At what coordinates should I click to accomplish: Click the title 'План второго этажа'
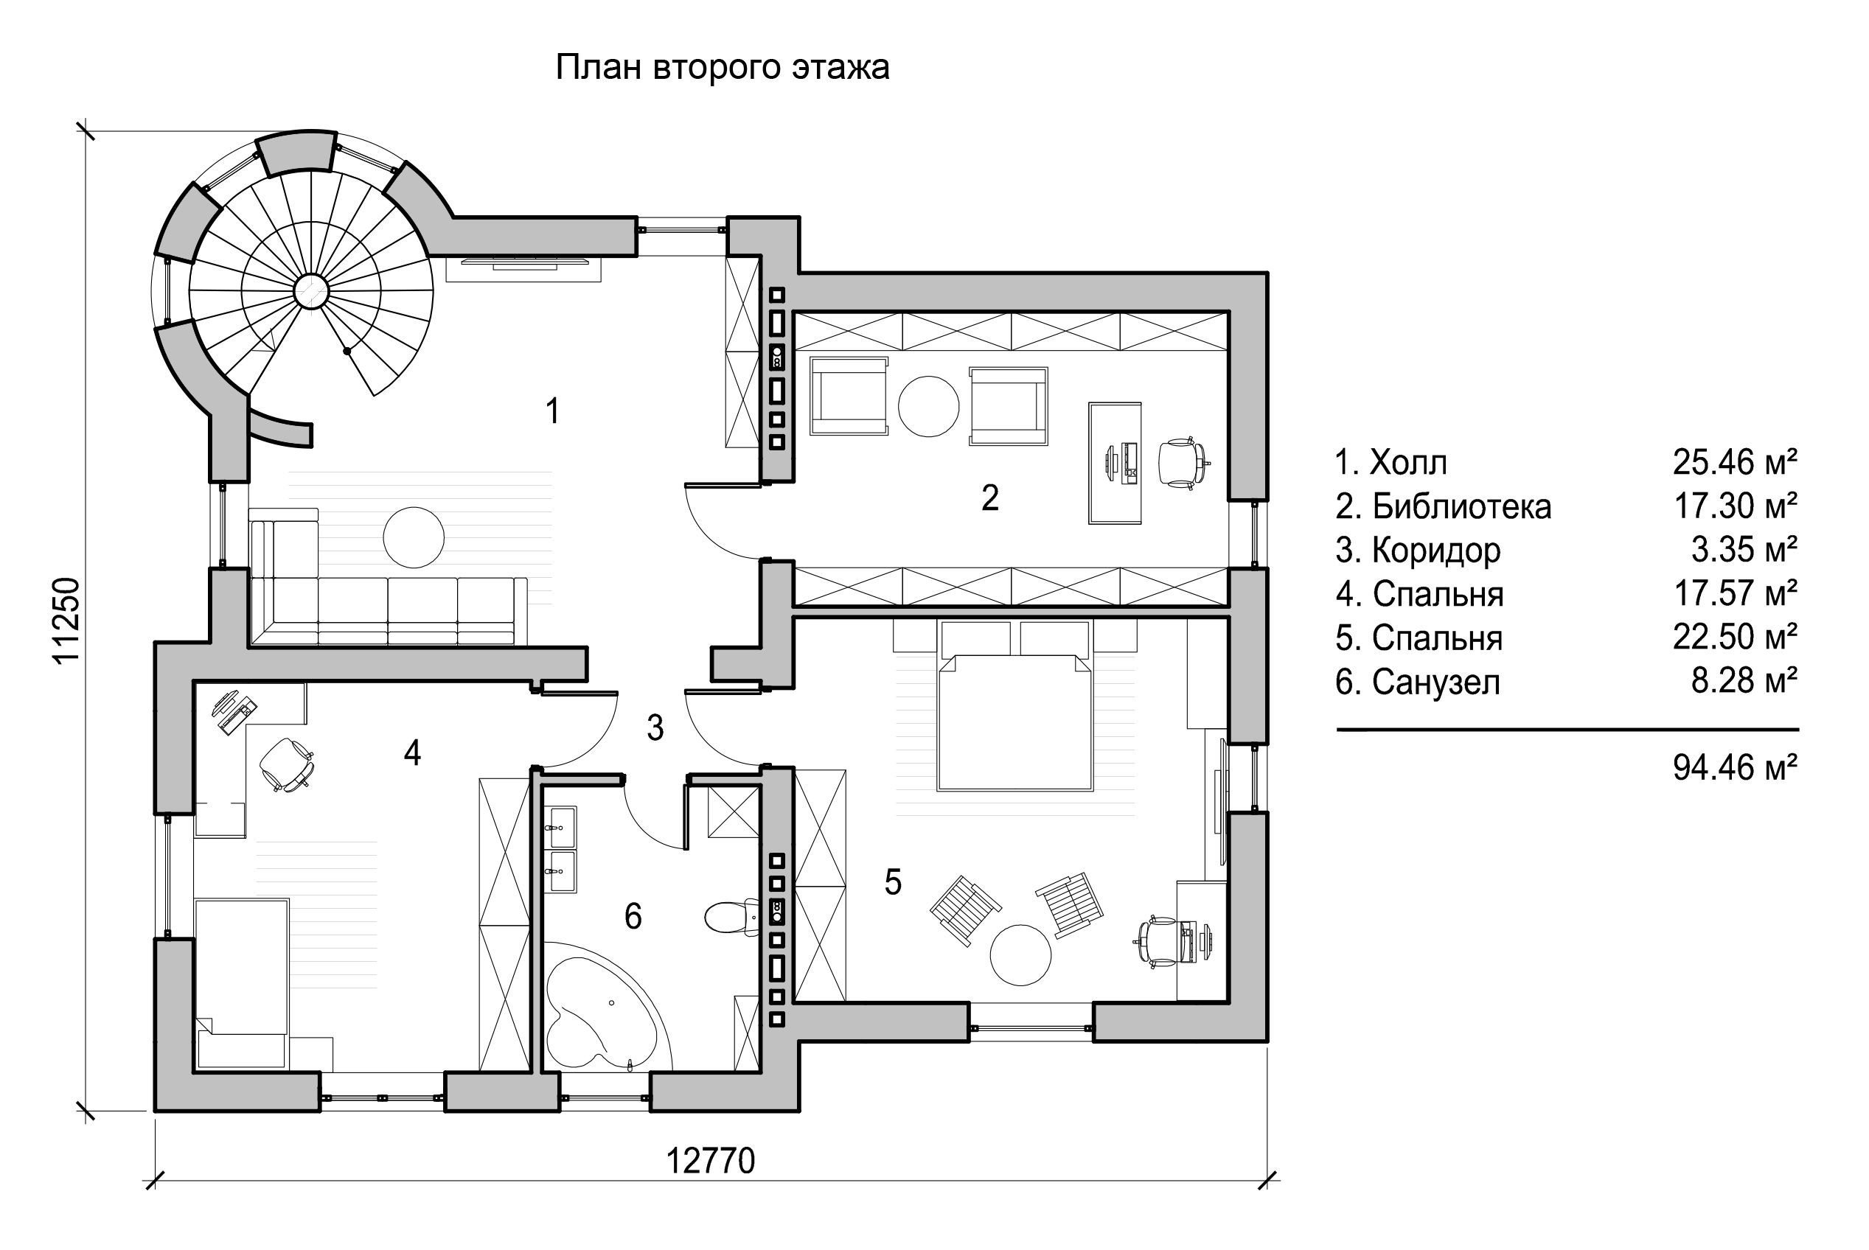tap(722, 69)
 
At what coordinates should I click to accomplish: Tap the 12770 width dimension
tap(710, 1162)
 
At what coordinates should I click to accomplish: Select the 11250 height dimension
tap(67, 619)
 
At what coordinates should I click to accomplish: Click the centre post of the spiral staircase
tap(310, 291)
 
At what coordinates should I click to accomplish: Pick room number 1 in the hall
tap(552, 411)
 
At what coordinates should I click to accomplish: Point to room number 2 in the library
tap(989, 497)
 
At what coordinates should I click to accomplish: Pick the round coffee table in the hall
tap(413, 537)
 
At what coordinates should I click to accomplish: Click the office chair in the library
tap(1184, 461)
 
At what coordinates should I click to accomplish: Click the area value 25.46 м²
tap(1735, 462)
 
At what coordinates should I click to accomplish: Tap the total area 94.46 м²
tap(1735, 768)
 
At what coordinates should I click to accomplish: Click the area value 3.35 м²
tap(1744, 550)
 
